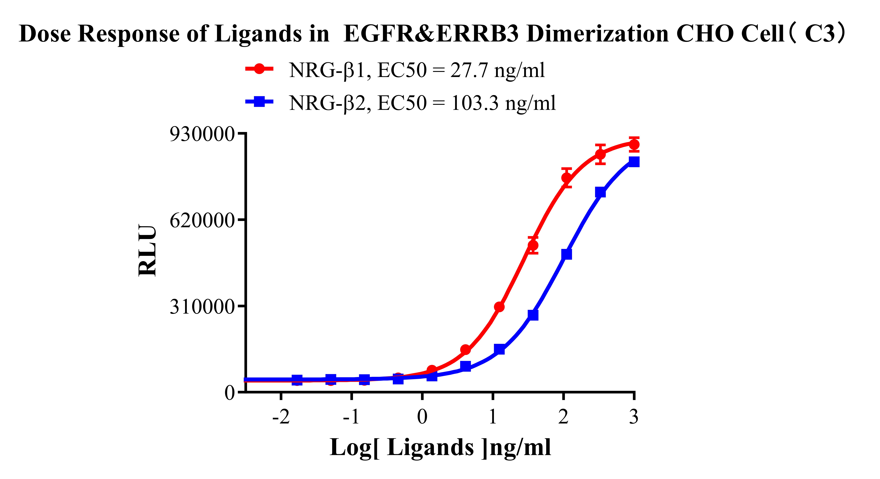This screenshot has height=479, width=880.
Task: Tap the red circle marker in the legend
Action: tap(259, 69)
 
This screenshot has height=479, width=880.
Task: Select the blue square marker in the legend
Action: tap(259, 101)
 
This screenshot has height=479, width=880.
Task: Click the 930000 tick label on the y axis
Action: tap(202, 134)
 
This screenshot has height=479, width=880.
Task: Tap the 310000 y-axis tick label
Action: tap(202, 307)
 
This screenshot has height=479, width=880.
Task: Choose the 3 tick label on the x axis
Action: tap(634, 417)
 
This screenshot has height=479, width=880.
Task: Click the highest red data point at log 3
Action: tap(634, 144)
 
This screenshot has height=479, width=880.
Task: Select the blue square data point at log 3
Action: tap(634, 161)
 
